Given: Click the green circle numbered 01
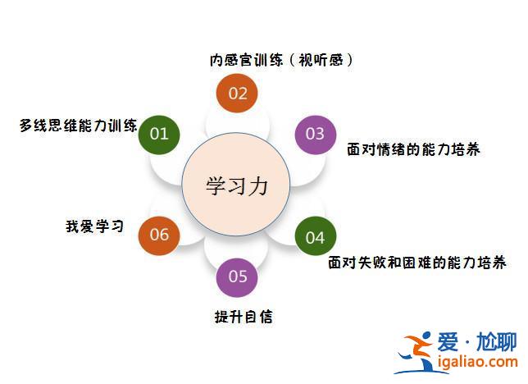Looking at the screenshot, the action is pyautogui.click(x=159, y=135).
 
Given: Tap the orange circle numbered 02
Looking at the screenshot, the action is pyautogui.click(x=237, y=93).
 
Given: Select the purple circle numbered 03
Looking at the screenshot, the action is pyautogui.click(x=315, y=135).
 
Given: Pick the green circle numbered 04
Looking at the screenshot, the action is pyautogui.click(x=315, y=236).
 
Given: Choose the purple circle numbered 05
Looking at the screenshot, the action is pyautogui.click(x=237, y=277).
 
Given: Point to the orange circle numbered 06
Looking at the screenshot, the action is pyautogui.click(x=159, y=235).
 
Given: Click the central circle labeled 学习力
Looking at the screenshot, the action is pyautogui.click(x=236, y=184).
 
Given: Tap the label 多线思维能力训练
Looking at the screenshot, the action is pyautogui.click(x=78, y=126).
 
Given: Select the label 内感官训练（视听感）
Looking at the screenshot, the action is pyautogui.click(x=281, y=61).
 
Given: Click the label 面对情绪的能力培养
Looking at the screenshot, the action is pyautogui.click(x=413, y=149).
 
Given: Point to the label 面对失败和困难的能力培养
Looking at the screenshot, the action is pyautogui.click(x=416, y=263).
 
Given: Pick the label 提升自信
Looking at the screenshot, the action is pyautogui.click(x=244, y=317).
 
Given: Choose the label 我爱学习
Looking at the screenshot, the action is pyautogui.click(x=94, y=226).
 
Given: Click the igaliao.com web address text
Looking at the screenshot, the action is pyautogui.click(x=477, y=362).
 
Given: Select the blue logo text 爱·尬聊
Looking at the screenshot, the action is pyautogui.click(x=477, y=342).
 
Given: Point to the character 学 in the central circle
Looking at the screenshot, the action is pyautogui.click(x=216, y=185).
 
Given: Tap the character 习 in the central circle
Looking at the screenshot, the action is pyautogui.click(x=238, y=185).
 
